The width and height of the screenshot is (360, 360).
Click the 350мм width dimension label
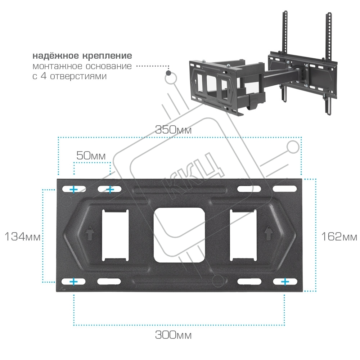174,130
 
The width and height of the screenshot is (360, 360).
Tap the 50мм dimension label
91,156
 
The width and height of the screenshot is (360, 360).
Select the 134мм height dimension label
22,237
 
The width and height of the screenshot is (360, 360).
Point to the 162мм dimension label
339,237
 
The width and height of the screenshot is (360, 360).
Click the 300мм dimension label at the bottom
174,335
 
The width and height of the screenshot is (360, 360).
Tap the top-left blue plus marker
74,190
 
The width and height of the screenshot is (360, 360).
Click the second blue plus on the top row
110,190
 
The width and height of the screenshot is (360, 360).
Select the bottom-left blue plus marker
74,282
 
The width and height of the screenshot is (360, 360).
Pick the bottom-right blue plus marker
285,282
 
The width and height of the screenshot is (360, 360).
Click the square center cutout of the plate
179,235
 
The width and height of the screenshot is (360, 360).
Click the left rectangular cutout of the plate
115,235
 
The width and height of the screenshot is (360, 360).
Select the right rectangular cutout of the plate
243,235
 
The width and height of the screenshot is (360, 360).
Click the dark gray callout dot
168,73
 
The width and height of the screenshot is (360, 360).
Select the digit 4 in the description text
44,76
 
